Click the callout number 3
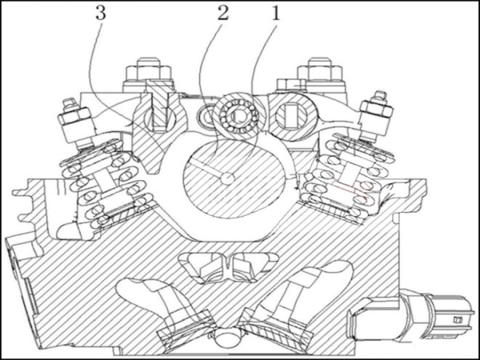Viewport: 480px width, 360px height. point(101,14)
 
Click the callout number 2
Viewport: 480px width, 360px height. point(223,14)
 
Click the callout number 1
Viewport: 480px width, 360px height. point(276,14)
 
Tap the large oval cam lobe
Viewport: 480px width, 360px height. point(234,178)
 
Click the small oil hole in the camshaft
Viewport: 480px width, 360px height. point(227,178)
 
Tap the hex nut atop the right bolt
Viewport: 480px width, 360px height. point(320,70)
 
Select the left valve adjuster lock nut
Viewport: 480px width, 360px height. point(74,116)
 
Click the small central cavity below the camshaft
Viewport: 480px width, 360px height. point(228,267)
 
